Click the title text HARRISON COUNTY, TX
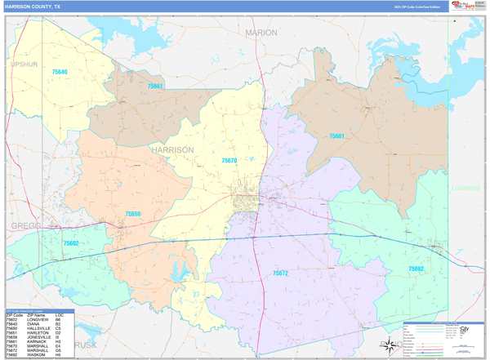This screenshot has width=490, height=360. [x=36, y=7]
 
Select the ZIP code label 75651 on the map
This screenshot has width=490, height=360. [x=155, y=86]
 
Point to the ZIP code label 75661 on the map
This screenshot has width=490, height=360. [x=336, y=136]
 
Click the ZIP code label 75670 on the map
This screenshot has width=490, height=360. [x=229, y=161]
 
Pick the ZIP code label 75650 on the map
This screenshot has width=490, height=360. [x=132, y=214]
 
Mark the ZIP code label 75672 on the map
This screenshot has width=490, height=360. [x=280, y=273]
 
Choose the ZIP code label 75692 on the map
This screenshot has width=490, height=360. [x=416, y=269]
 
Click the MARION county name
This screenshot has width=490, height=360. [x=261, y=33]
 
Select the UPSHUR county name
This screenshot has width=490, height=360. [x=24, y=64]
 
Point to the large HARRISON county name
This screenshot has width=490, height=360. [x=172, y=150]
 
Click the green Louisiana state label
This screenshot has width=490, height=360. [x=466, y=188]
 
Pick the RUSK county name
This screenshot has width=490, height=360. [x=85, y=345]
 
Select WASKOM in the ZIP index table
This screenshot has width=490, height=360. [x=35, y=355]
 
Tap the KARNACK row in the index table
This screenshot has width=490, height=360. [x=35, y=341]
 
